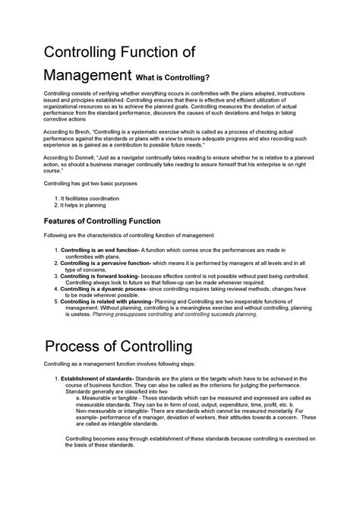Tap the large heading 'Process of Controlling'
118,348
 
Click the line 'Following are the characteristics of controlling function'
128,236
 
